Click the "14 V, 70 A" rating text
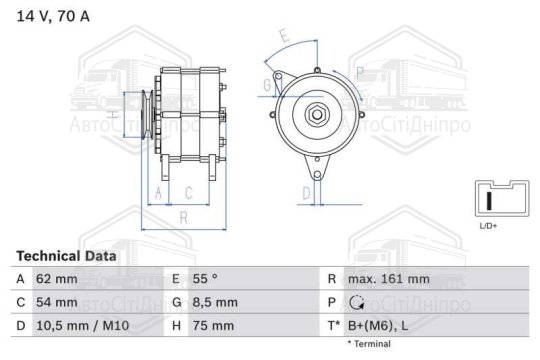click(x=53, y=16)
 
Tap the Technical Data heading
click(x=66, y=256)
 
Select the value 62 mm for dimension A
click(x=57, y=279)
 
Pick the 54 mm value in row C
click(x=57, y=302)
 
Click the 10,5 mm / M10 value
click(x=83, y=326)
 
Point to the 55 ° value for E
click(x=205, y=279)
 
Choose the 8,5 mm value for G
click(x=215, y=302)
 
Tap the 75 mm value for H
click(x=213, y=326)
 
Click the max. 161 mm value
click(x=389, y=279)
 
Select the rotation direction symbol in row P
click(x=356, y=302)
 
